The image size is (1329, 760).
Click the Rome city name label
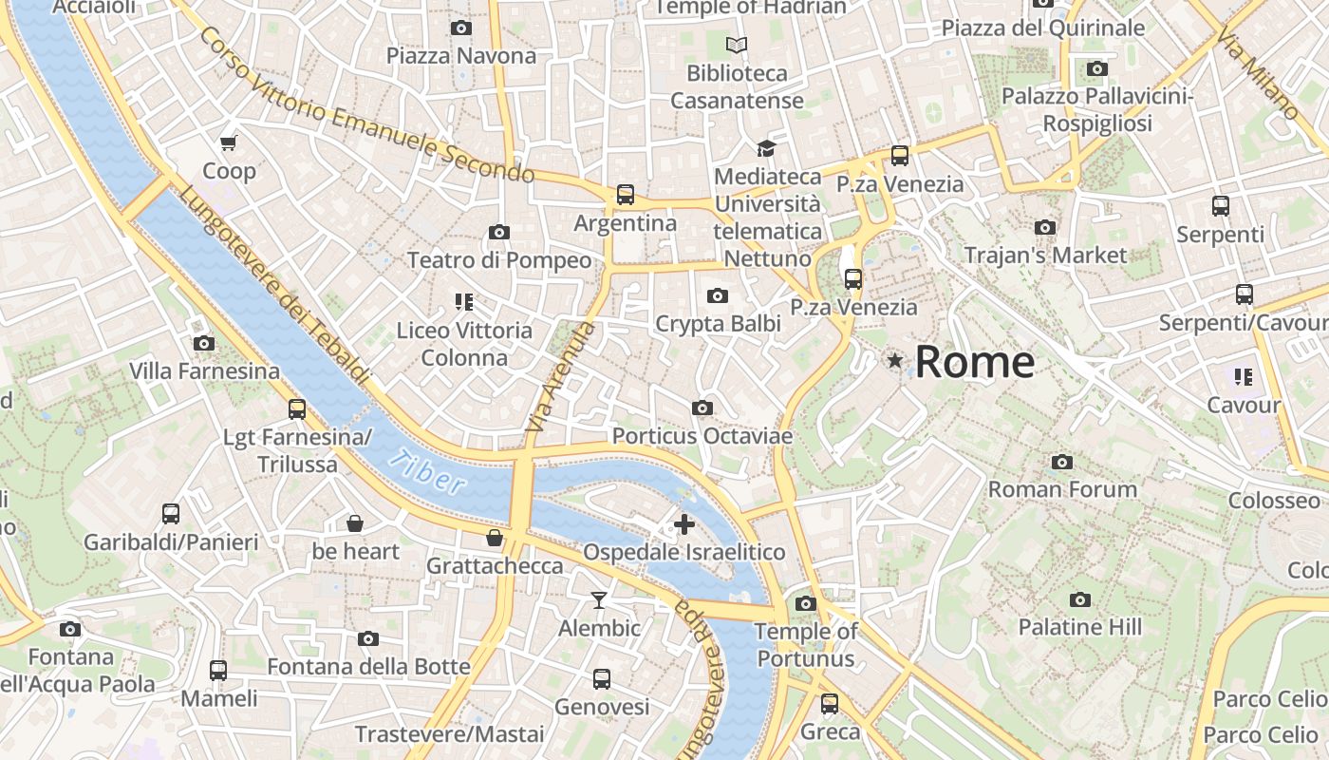pyautogui.click(x=974, y=362)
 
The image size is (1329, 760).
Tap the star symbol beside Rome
pyautogui.click(x=894, y=360)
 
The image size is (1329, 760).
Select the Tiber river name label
pyautogui.click(x=427, y=471)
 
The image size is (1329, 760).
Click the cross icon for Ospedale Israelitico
pyautogui.click(x=683, y=523)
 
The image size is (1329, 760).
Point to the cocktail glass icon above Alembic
pyautogui.click(x=599, y=599)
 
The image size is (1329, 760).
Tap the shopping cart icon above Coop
pyautogui.click(x=228, y=143)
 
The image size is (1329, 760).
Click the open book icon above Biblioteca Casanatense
pyautogui.click(x=737, y=45)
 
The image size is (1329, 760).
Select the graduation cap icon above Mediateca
pyautogui.click(x=766, y=148)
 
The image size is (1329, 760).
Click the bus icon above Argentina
pyautogui.click(x=625, y=195)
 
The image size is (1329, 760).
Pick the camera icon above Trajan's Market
pyautogui.click(x=1045, y=227)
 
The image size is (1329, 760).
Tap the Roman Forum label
pyautogui.click(x=1062, y=489)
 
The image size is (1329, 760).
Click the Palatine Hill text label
pyautogui.click(x=1079, y=627)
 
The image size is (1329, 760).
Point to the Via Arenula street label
pyautogui.click(x=561, y=379)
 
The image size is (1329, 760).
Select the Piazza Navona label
pyautogui.click(x=461, y=56)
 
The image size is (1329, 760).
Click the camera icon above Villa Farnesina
pyautogui.click(x=203, y=343)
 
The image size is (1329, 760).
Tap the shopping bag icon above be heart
pyautogui.click(x=355, y=523)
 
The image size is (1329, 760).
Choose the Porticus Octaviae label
pyautogui.click(x=702, y=436)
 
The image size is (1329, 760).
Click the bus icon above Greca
pyautogui.click(x=830, y=704)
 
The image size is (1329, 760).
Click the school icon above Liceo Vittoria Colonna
pyautogui.click(x=464, y=302)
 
